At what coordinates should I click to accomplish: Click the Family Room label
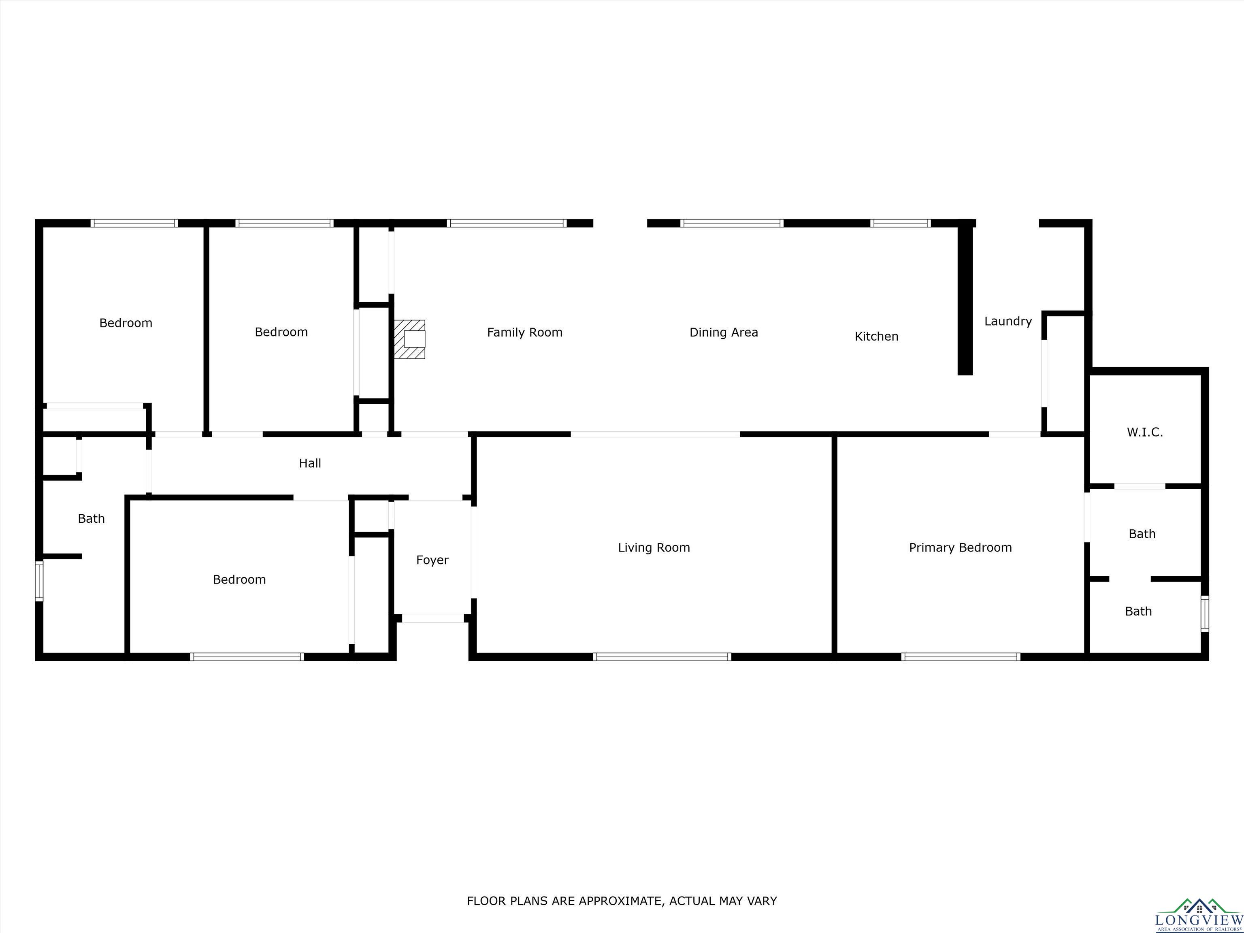click(x=525, y=332)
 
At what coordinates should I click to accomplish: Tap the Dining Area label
click(x=724, y=332)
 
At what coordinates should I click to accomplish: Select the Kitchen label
click(x=876, y=336)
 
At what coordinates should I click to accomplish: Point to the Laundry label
click(x=1008, y=321)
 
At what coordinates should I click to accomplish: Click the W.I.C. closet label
click(x=1144, y=432)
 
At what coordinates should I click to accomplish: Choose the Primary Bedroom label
click(x=960, y=547)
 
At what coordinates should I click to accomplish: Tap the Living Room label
click(x=654, y=547)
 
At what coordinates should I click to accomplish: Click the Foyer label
click(x=432, y=560)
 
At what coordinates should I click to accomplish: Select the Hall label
click(x=310, y=463)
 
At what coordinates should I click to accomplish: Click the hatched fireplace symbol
click(x=409, y=339)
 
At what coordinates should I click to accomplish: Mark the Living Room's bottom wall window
click(x=662, y=656)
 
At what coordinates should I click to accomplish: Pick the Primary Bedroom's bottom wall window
click(x=961, y=656)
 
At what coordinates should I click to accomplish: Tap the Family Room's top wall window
click(x=507, y=223)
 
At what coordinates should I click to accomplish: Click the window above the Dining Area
click(x=732, y=223)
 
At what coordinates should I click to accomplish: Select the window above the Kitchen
click(x=900, y=223)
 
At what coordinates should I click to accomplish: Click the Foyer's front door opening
click(x=432, y=618)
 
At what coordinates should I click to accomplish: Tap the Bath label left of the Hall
click(x=91, y=518)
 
